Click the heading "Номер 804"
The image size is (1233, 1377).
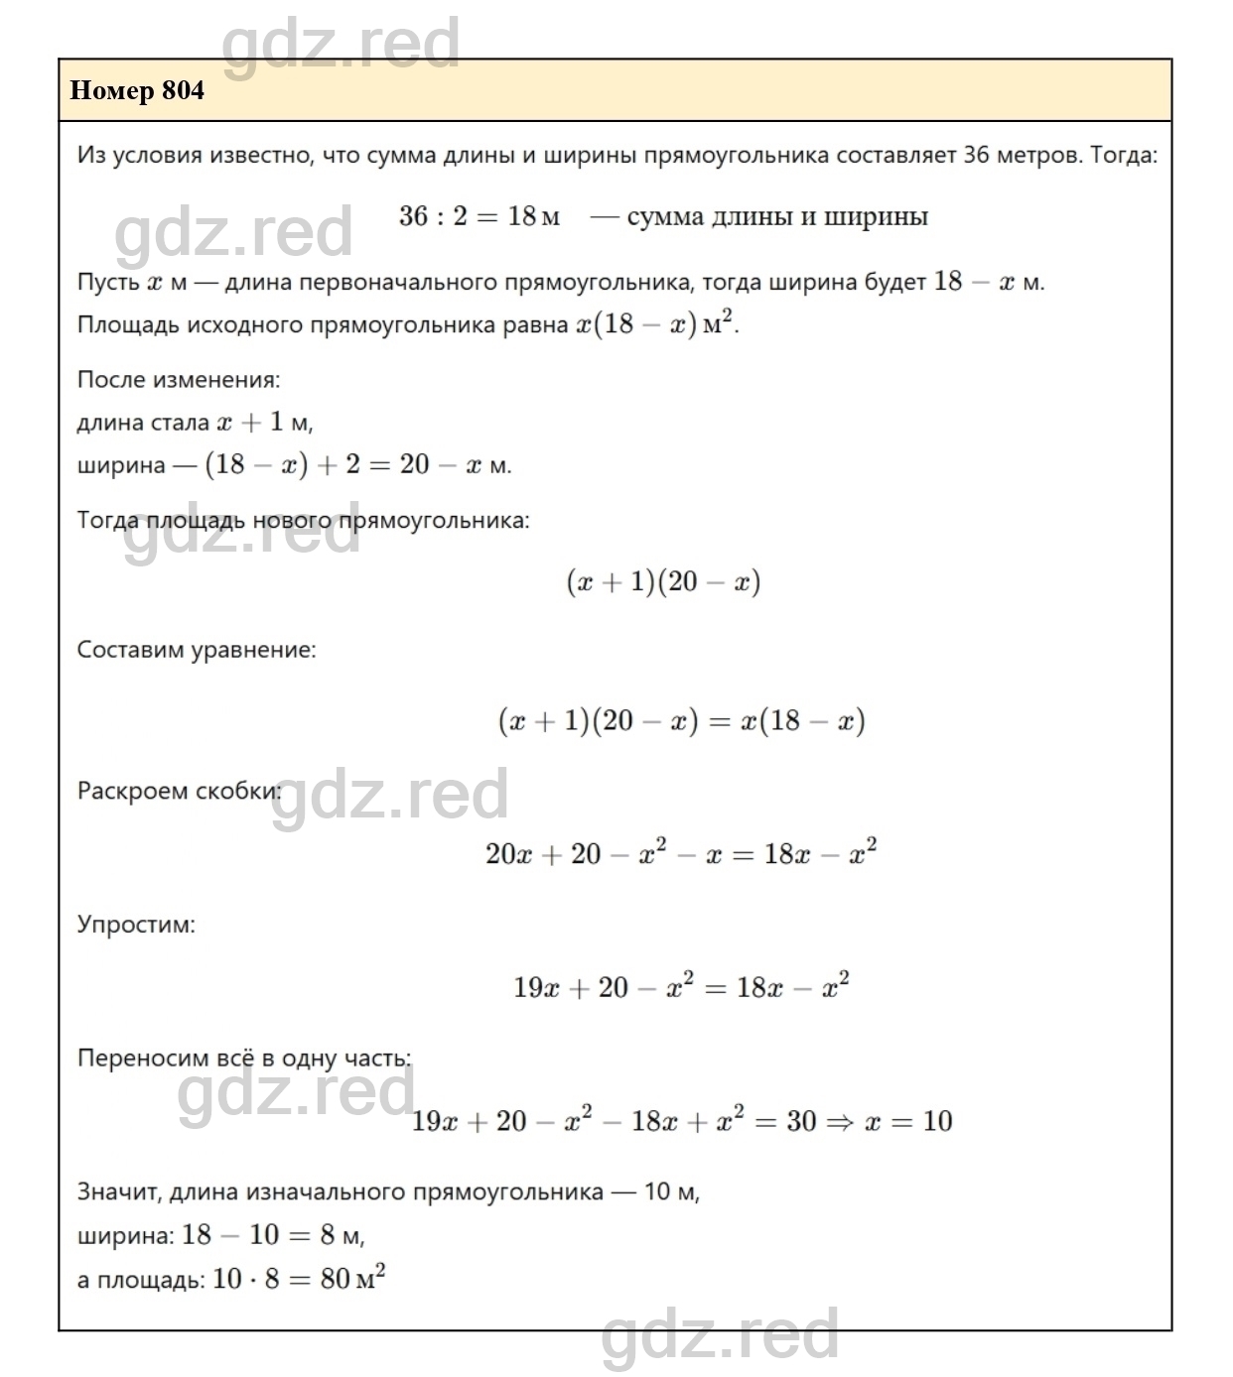click(137, 90)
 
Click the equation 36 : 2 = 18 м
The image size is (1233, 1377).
click(479, 216)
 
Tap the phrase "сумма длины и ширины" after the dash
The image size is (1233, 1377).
click(777, 216)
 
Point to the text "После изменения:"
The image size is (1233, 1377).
click(179, 379)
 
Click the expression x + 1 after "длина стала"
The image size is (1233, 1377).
click(250, 422)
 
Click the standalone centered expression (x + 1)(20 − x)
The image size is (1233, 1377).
click(663, 581)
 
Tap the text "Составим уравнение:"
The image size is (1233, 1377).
click(197, 650)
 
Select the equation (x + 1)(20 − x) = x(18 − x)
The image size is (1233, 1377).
click(681, 720)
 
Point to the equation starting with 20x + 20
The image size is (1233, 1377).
click(681, 853)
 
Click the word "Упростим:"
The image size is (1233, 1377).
click(136, 924)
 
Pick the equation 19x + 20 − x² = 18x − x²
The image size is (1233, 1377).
click(681, 987)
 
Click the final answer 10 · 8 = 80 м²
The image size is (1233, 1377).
click(298, 1278)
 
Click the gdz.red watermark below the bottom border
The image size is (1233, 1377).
click(720, 1334)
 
